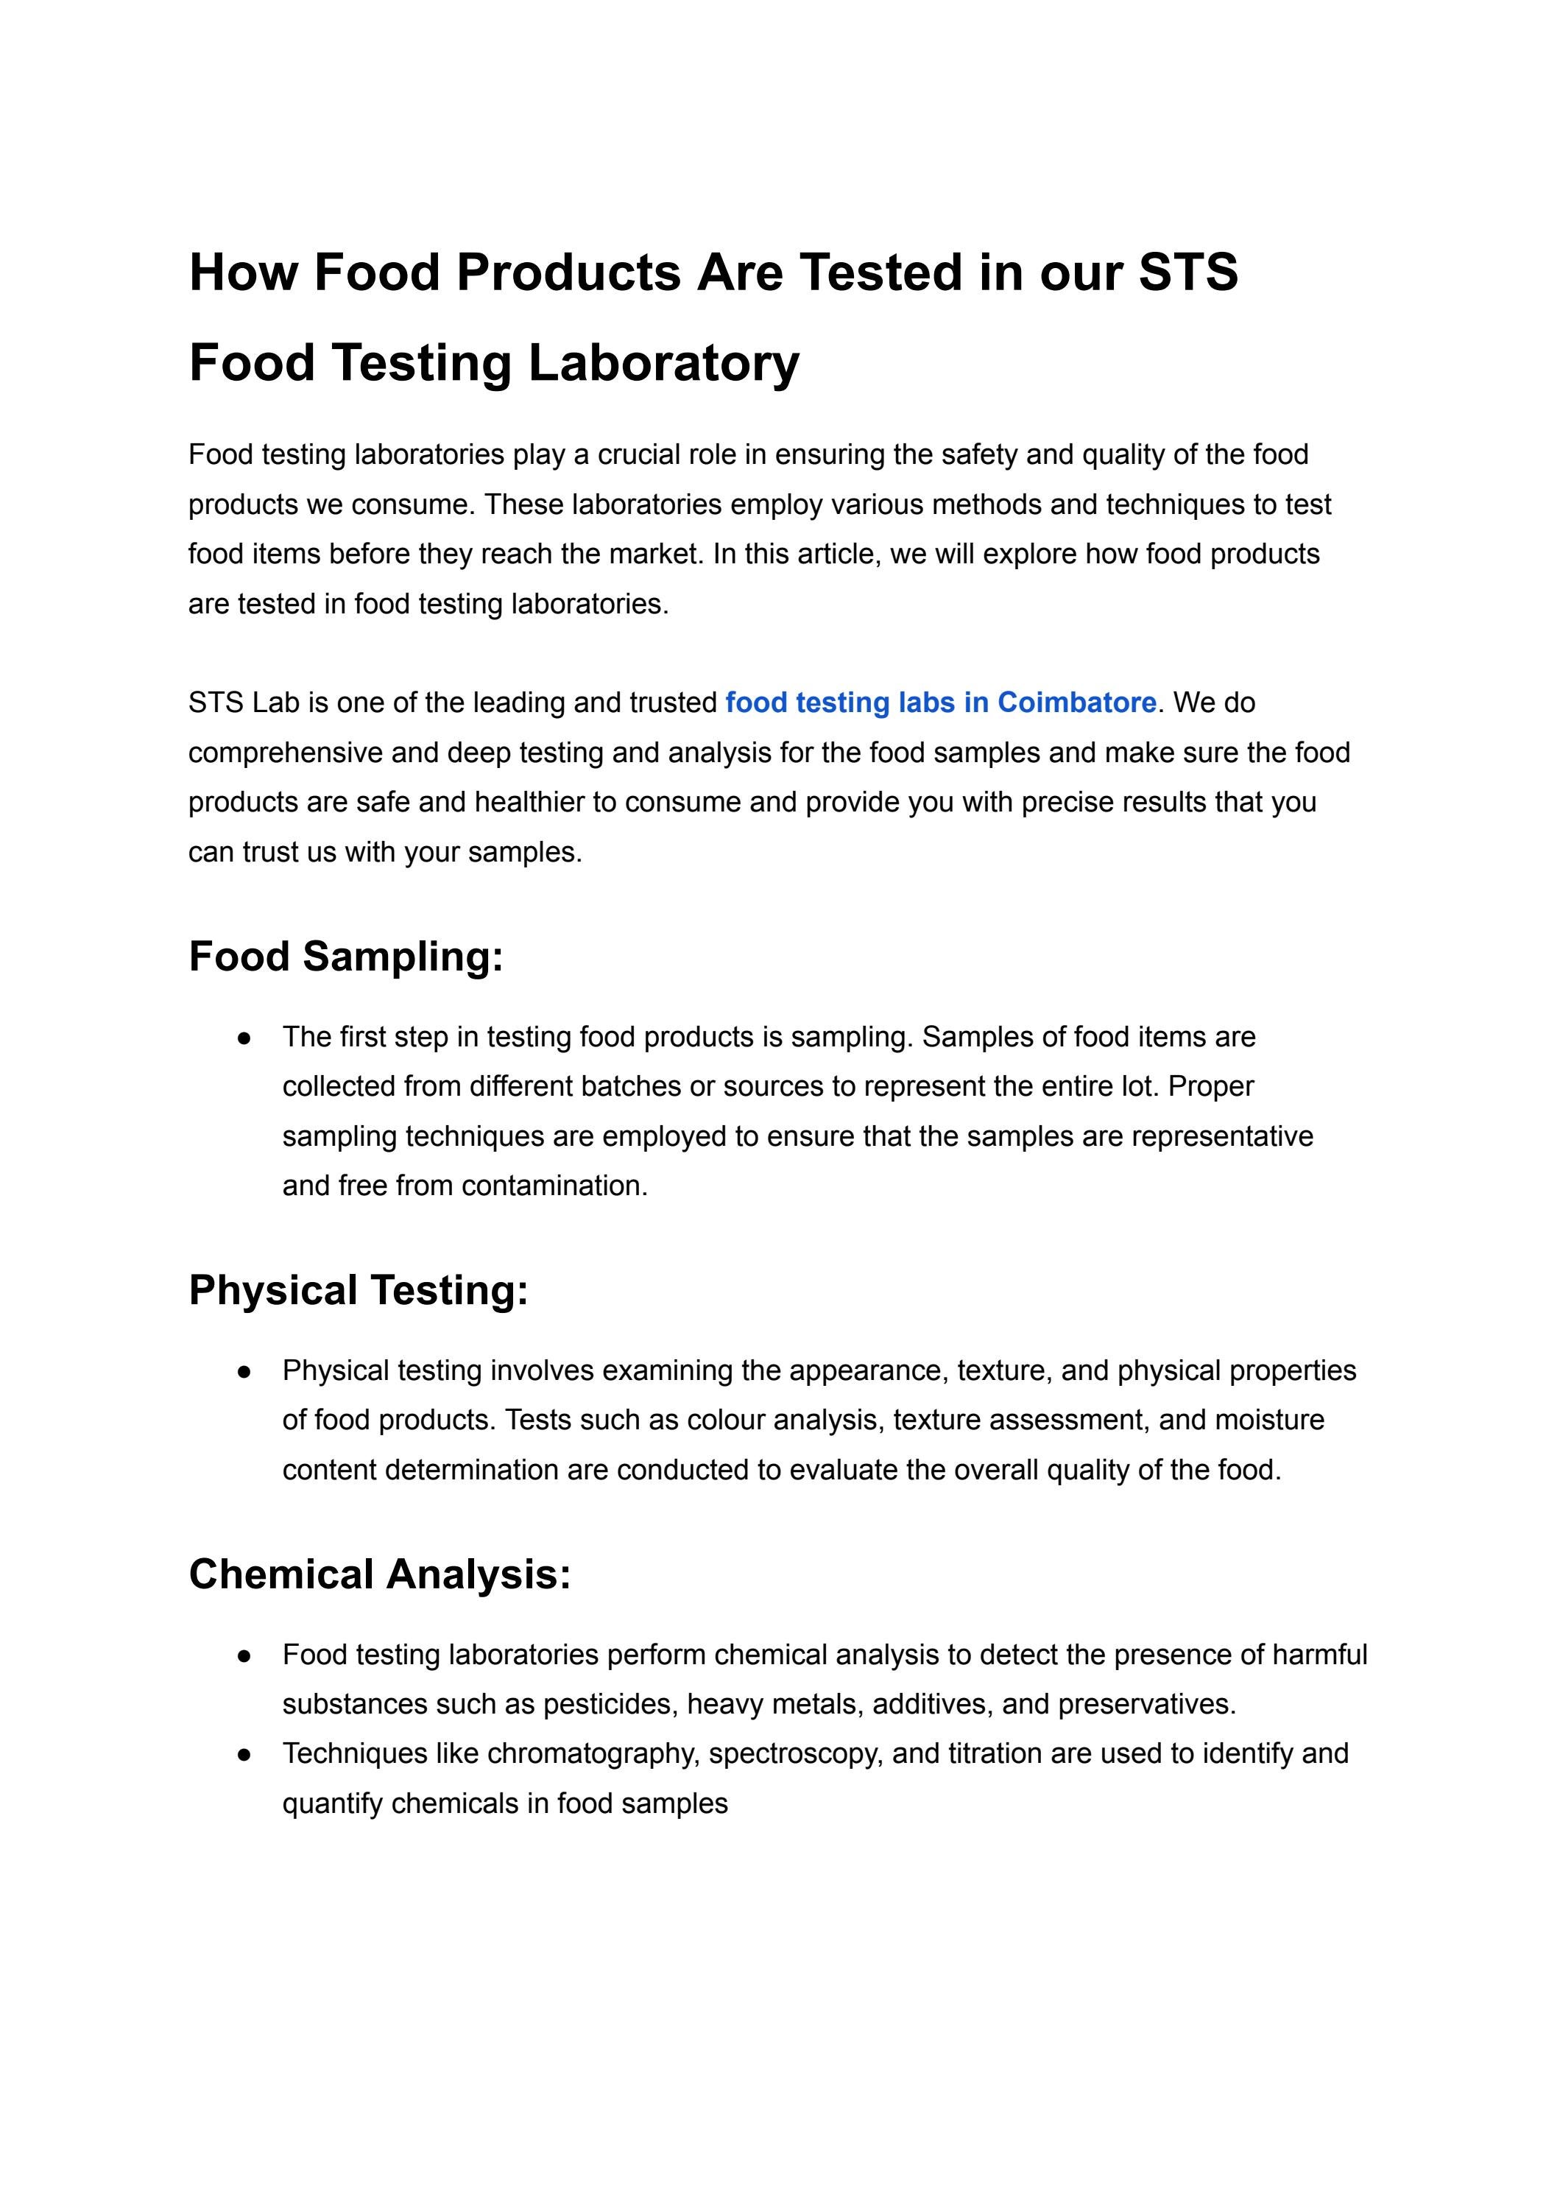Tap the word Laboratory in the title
pyautogui.click(x=663, y=363)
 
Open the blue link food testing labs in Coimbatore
pyautogui.click(x=939, y=703)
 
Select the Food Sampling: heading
pyautogui.click(x=346, y=957)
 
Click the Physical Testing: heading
pyautogui.click(x=359, y=1290)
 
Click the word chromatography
pyautogui.click(x=596, y=1754)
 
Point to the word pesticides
pyautogui.click(x=611, y=1705)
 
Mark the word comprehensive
pyautogui.click(x=286, y=753)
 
